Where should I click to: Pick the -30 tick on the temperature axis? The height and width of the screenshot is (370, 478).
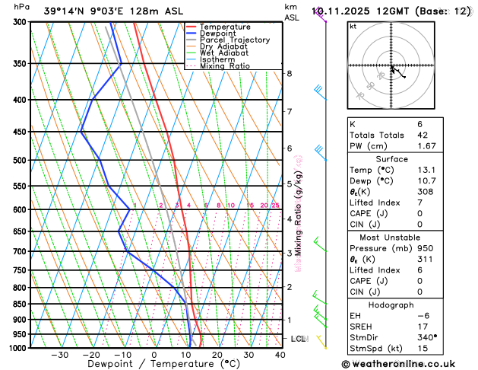tap(59, 355)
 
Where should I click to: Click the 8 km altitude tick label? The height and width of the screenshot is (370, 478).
tap(289, 73)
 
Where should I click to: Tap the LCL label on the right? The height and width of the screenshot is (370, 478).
tap(299, 338)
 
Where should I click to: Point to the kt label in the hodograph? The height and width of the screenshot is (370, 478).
tap(353, 26)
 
